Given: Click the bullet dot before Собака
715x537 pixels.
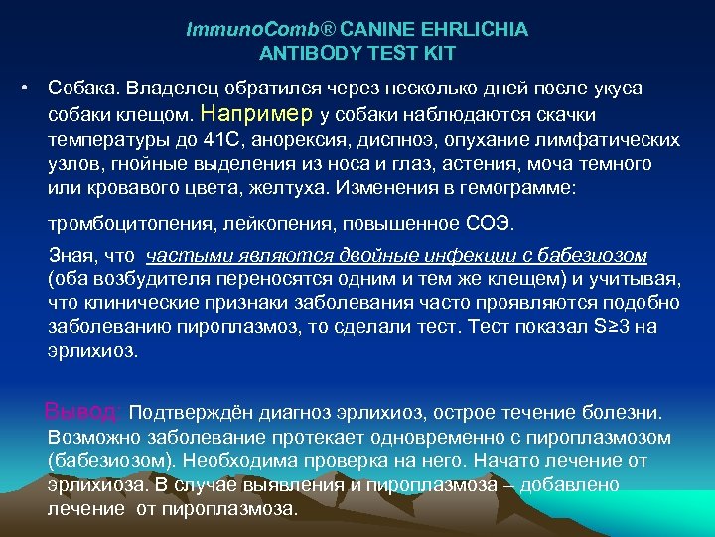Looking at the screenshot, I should (x=23, y=89).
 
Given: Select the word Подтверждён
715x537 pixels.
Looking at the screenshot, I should (x=183, y=412).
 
